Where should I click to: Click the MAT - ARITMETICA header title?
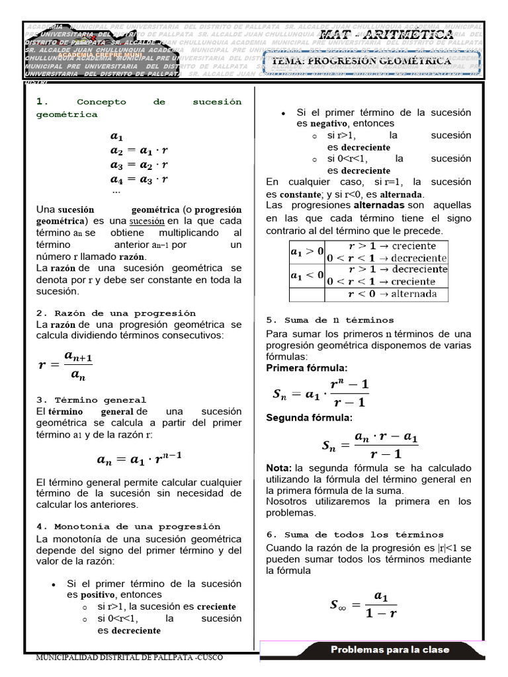(386, 34)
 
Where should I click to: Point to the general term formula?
(140, 458)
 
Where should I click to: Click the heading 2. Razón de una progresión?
(116, 313)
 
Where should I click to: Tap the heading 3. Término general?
(91, 400)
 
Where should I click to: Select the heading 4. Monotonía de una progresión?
(128, 526)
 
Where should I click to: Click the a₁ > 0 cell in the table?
(307, 251)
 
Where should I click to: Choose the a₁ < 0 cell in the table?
(307, 274)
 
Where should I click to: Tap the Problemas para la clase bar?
(390, 649)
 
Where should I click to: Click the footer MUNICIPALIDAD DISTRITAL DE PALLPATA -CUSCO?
(129, 658)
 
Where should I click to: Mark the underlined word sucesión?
(146, 220)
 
